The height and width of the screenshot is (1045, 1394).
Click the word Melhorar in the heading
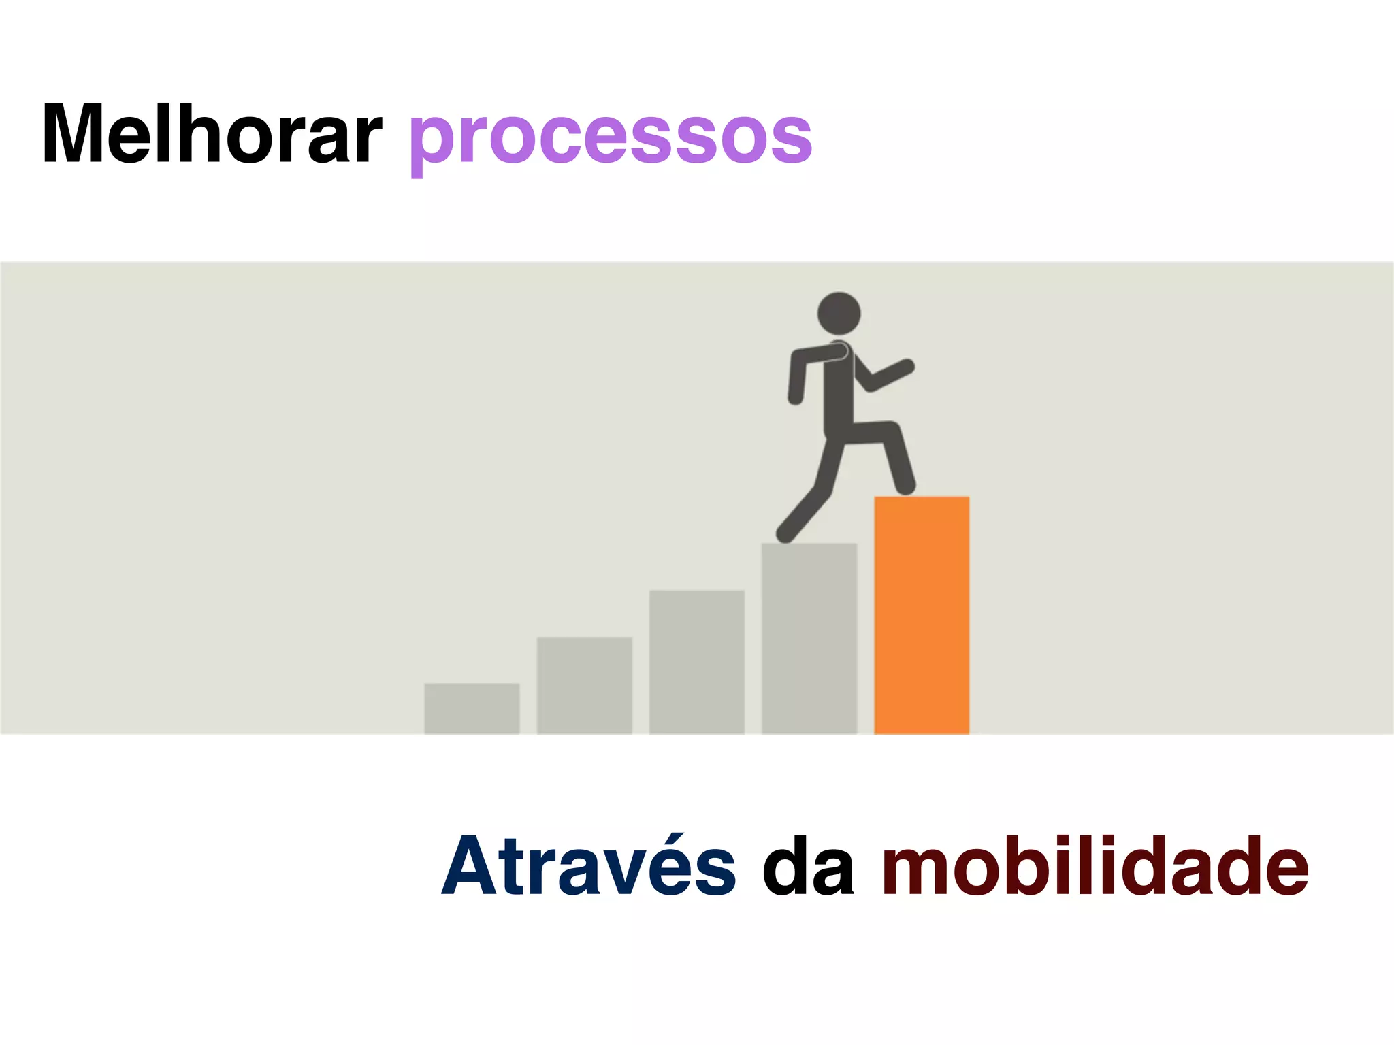(x=211, y=134)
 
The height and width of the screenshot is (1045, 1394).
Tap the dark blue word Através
(x=589, y=866)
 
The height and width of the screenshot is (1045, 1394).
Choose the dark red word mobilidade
(x=1095, y=866)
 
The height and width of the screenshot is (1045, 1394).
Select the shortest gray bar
(x=472, y=708)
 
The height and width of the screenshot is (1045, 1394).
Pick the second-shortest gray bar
(x=584, y=685)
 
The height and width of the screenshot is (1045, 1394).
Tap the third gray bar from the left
(x=696, y=661)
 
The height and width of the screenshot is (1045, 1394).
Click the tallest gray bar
(x=809, y=638)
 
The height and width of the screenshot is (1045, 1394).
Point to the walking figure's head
(x=839, y=314)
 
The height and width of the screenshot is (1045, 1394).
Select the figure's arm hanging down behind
(x=796, y=381)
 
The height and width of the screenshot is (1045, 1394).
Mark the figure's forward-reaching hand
(x=906, y=367)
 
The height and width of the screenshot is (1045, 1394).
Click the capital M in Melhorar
(x=74, y=134)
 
